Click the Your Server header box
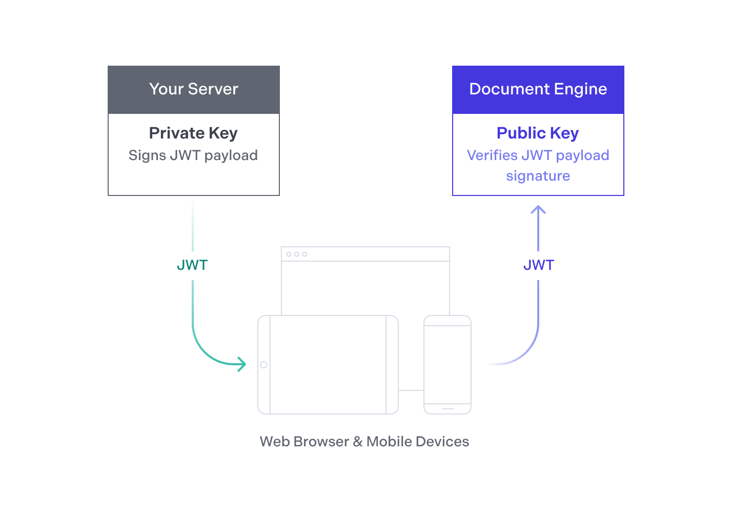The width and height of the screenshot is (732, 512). click(x=193, y=90)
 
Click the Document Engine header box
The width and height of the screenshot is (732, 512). click(x=538, y=90)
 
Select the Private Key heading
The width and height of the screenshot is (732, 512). click(x=193, y=133)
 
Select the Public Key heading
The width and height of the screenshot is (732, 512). click(x=538, y=133)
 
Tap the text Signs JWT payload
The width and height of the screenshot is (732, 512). click(x=193, y=155)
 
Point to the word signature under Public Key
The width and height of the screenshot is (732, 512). click(x=538, y=176)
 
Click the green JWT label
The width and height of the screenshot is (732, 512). click(x=192, y=265)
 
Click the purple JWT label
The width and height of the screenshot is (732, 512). click(x=538, y=265)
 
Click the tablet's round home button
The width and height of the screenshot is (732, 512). click(x=263, y=365)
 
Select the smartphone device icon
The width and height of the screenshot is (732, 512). click(x=448, y=364)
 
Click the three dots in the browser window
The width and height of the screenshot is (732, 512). click(x=297, y=254)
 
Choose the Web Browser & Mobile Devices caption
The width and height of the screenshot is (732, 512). click(x=364, y=442)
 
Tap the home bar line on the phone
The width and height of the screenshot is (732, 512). click(x=448, y=409)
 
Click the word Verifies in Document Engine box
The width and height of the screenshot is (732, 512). click(x=492, y=155)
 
